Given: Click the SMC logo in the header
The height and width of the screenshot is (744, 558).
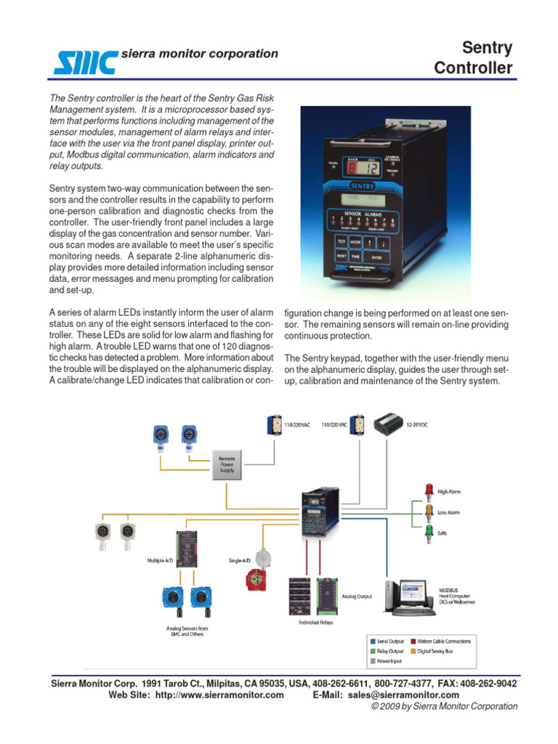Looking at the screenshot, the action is click(84, 60).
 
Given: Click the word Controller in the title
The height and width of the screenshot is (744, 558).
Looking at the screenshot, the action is click(473, 68).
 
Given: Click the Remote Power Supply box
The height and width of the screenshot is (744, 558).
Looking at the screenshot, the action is click(227, 465).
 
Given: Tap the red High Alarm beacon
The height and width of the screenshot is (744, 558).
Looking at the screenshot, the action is click(427, 491).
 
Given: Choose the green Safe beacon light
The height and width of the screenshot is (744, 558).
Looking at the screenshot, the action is click(427, 533).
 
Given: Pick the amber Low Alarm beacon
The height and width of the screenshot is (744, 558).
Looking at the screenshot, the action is click(427, 512).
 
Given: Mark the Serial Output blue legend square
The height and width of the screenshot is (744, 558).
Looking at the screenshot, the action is click(373, 642).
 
